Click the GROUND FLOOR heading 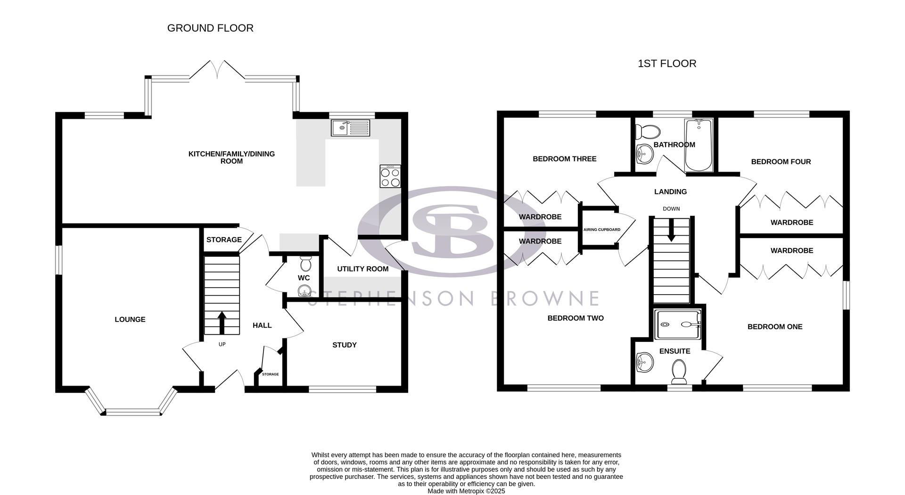(210, 28)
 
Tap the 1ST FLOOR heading (666, 64)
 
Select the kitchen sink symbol (351, 128)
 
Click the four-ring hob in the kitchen (390, 177)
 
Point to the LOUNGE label (130, 320)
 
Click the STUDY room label (345, 345)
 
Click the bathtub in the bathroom (699, 145)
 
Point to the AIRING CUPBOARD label (602, 230)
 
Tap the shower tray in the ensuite (678, 325)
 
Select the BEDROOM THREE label (564, 159)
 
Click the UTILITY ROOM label (362, 269)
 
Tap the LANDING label (670, 192)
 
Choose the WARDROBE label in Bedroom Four (791, 223)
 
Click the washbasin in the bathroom (643, 153)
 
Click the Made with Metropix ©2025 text (466, 491)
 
